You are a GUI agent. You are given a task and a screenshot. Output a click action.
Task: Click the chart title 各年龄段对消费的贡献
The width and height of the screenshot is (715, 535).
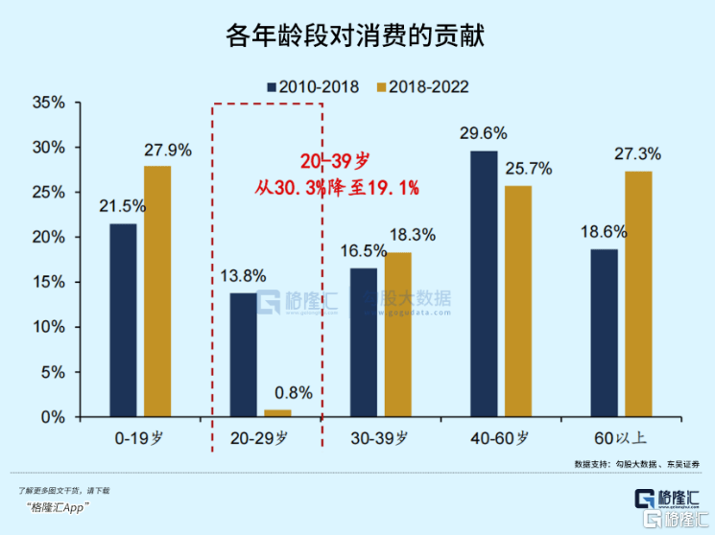point(356,36)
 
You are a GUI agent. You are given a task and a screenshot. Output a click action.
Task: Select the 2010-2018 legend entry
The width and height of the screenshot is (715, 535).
point(314,87)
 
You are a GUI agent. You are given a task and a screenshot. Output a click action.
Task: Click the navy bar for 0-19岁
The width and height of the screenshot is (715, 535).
point(123,320)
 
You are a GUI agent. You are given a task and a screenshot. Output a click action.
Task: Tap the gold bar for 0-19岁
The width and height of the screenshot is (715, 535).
point(157,291)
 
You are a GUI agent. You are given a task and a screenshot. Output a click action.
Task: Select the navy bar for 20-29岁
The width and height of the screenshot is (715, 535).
point(243,355)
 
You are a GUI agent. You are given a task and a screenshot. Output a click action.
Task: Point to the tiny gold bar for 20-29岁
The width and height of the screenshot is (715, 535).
point(277,413)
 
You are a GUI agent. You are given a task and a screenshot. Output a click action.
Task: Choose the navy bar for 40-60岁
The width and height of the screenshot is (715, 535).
point(484,284)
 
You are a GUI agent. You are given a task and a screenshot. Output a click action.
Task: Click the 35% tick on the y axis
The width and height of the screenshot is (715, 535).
point(49,103)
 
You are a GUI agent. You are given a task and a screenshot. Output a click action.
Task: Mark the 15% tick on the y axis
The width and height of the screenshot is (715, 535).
point(49,283)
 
